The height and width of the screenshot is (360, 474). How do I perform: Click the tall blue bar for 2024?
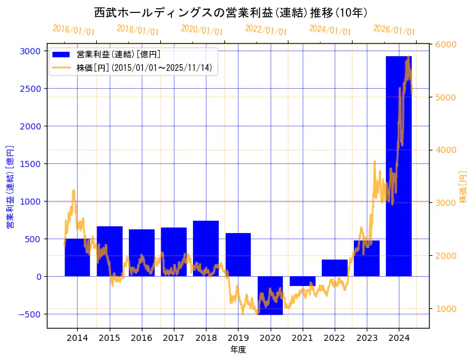399,166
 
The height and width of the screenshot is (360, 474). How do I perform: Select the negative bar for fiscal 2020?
270,295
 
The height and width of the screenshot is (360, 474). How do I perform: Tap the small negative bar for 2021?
302,281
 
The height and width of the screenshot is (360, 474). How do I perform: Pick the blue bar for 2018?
206,248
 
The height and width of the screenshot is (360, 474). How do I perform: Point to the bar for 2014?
77,258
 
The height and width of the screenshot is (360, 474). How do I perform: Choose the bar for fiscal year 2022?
335,268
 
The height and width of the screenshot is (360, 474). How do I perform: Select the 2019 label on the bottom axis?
238,338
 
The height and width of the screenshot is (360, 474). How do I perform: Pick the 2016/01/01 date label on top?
73,30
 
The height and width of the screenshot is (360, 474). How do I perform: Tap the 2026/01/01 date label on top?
394,31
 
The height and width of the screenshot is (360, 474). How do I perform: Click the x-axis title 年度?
238,350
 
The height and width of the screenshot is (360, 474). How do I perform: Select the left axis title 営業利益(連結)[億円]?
10,187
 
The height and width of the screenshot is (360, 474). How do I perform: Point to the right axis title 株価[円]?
464,187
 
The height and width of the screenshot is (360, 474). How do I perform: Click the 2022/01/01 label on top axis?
266,30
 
